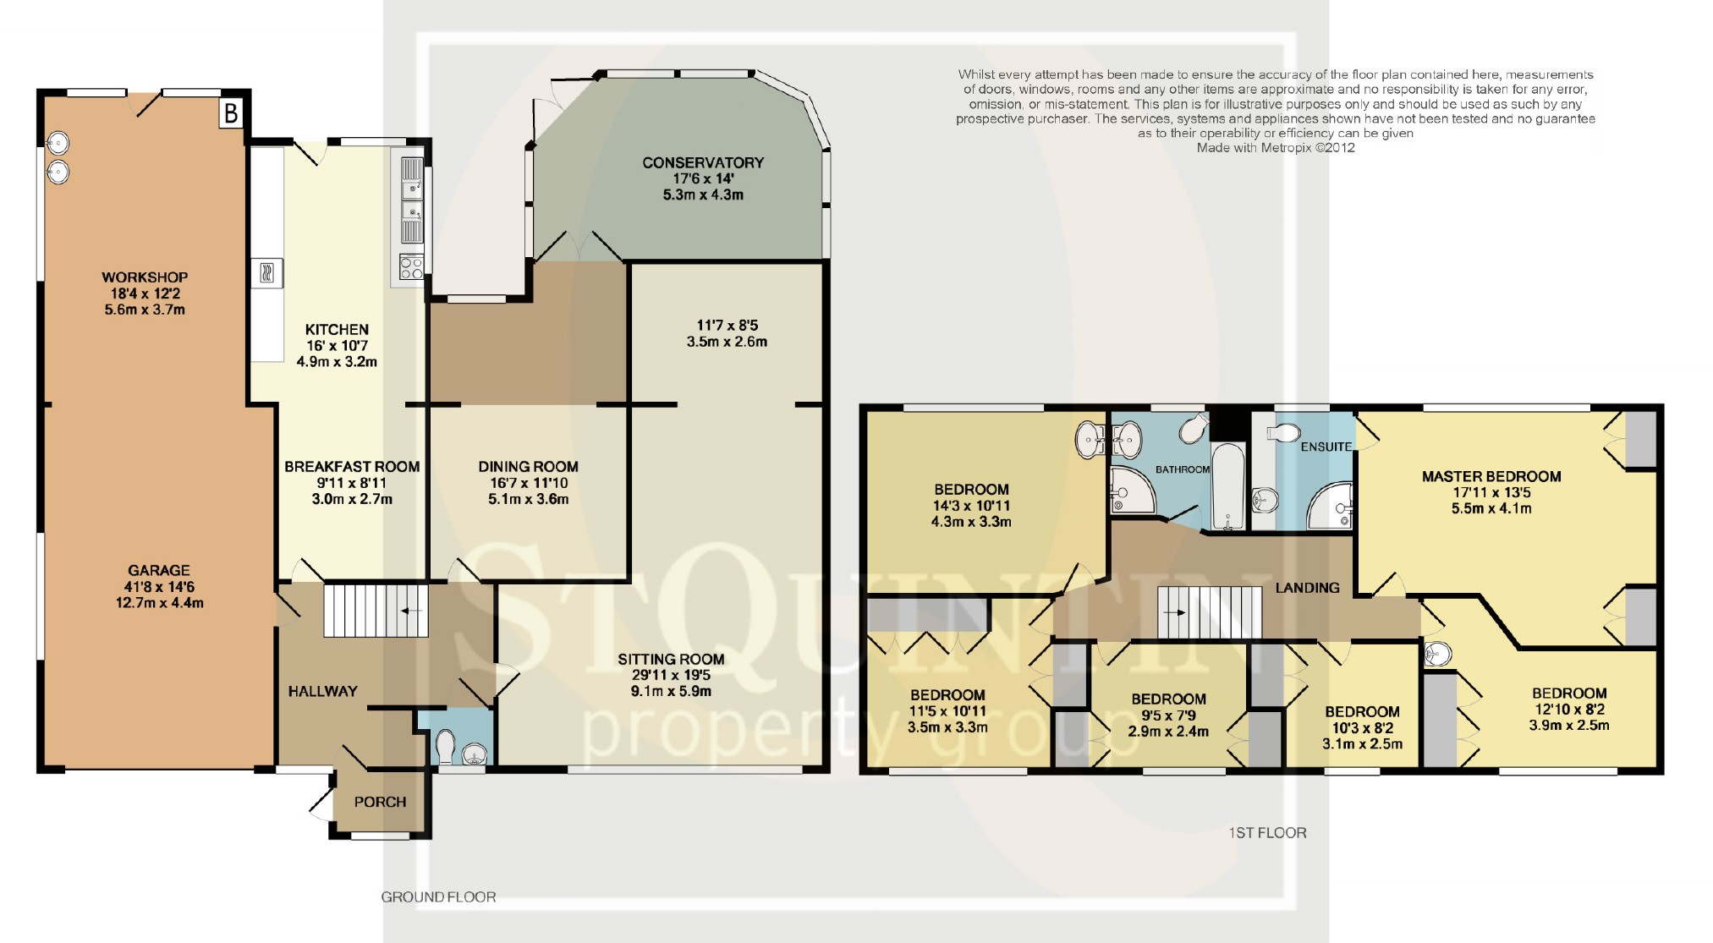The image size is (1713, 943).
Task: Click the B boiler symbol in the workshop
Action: (x=231, y=113)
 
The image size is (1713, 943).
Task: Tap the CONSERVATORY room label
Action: (x=703, y=162)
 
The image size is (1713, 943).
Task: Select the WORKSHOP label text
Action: (x=145, y=277)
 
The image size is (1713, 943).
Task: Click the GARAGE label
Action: (x=159, y=571)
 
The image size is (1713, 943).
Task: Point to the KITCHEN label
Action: (x=337, y=330)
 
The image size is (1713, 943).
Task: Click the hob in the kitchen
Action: (x=411, y=267)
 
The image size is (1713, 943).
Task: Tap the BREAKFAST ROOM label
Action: (x=352, y=467)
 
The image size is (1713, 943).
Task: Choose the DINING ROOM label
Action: (x=528, y=467)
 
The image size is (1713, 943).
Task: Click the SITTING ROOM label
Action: (x=671, y=660)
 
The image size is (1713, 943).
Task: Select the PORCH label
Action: (x=380, y=802)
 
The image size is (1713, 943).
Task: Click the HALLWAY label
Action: (x=322, y=692)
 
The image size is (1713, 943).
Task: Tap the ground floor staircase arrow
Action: (x=414, y=609)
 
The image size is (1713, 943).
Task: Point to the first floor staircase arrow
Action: (x=1174, y=611)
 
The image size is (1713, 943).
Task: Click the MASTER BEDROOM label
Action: (x=1491, y=477)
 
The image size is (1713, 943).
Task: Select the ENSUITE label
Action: (x=1326, y=447)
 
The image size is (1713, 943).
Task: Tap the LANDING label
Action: (x=1307, y=588)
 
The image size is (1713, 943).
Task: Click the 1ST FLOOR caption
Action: (x=1267, y=833)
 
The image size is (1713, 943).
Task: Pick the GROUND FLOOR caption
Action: (x=438, y=897)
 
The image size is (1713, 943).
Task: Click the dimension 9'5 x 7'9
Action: (x=1168, y=715)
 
